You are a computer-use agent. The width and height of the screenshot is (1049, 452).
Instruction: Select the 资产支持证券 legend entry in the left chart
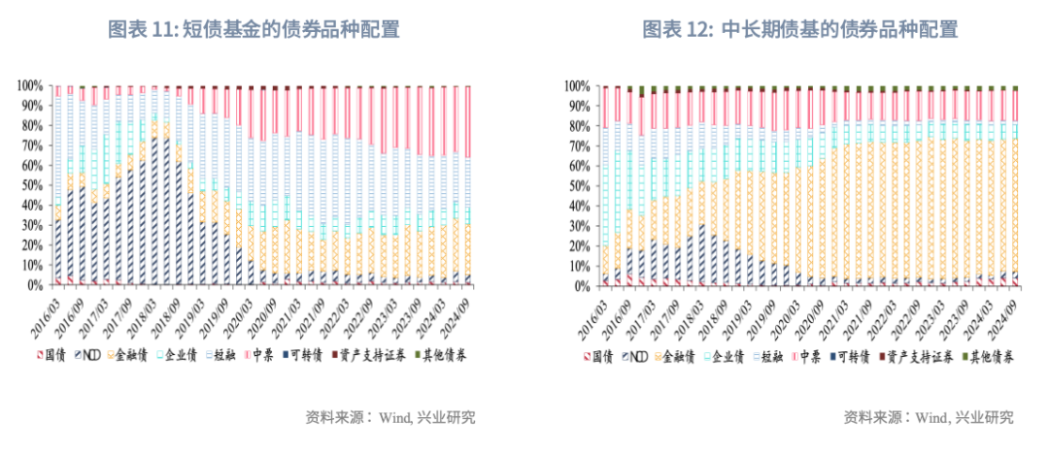click(x=374, y=356)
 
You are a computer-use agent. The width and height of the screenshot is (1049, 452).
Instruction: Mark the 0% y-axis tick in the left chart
click(x=32, y=285)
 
